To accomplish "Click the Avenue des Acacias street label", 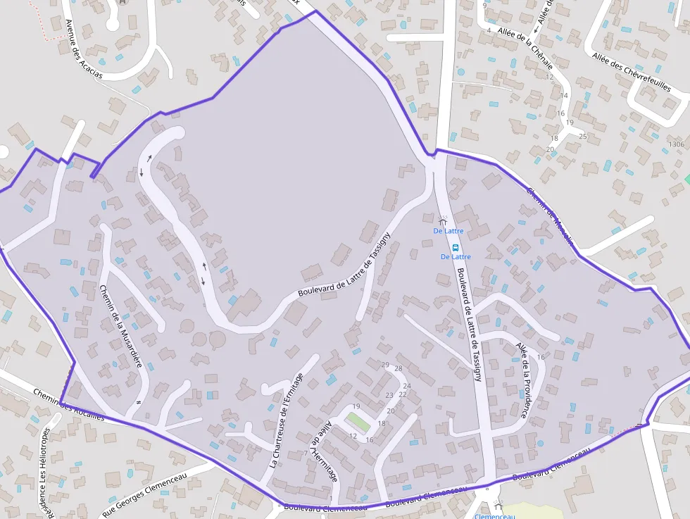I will pos(83,49).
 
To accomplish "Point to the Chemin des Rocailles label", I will pos(69,405).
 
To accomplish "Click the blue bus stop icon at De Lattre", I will pos(456,247).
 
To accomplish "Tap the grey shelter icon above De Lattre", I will pos(442,221).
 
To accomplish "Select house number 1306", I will pos(676,144).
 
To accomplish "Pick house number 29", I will pos(385,364).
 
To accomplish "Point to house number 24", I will pos(406,386).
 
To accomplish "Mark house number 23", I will pos(389,395).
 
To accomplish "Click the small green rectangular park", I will pos(357,423).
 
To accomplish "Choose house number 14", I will pos(564,95).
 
